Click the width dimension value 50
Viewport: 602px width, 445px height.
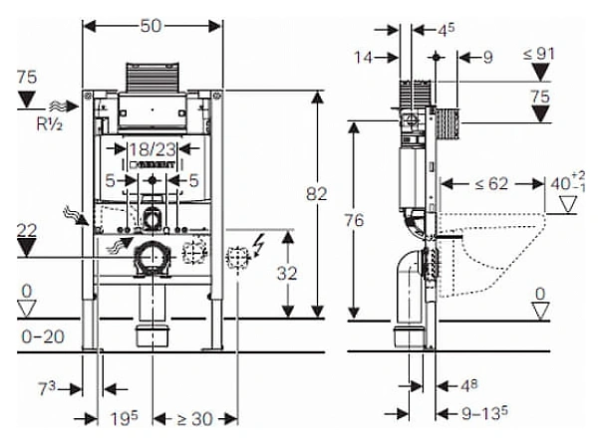click(x=151, y=25)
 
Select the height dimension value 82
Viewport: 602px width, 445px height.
click(x=317, y=196)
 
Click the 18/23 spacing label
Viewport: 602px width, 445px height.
click(x=152, y=149)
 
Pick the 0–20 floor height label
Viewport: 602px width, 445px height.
click(x=42, y=336)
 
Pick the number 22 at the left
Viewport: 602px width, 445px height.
click(x=29, y=230)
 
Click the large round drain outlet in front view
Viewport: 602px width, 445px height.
click(x=153, y=258)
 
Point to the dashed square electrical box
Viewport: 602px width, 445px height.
click(x=237, y=257)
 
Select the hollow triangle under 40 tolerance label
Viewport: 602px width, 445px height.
click(x=568, y=205)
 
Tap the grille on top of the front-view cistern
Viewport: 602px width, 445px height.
click(x=151, y=79)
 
